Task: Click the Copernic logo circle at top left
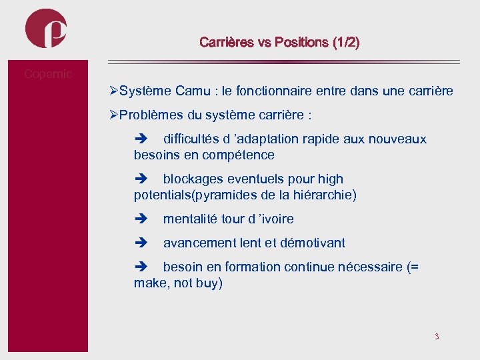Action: [x=46, y=28]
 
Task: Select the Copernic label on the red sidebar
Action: [x=47, y=74]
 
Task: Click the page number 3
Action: [x=437, y=336]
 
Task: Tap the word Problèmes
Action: [x=151, y=115]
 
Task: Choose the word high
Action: [x=331, y=179]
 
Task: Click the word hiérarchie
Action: [x=323, y=195]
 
